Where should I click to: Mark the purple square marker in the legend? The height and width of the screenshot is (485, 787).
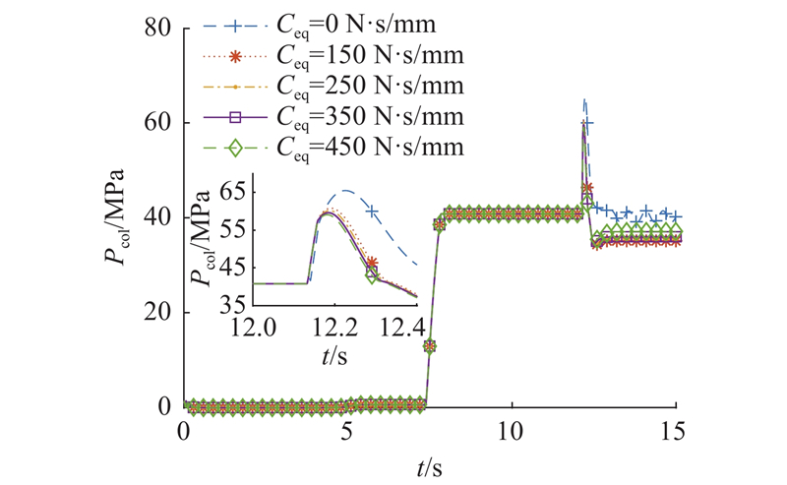pos(235,117)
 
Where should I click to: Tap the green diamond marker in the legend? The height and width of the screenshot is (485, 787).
pos(235,150)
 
